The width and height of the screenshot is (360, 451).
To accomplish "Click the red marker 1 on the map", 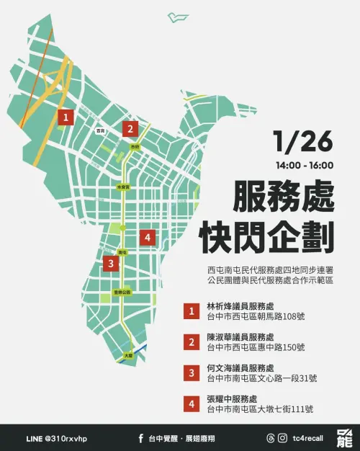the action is (66, 117).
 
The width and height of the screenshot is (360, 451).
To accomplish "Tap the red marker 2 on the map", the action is (130, 129).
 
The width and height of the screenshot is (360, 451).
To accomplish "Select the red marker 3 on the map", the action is (109, 264).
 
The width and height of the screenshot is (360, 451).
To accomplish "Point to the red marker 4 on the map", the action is (148, 237).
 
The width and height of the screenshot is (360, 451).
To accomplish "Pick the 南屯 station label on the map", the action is (122, 253).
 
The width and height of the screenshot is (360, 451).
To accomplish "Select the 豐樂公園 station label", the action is (122, 293).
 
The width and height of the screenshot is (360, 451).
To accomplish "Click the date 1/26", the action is (303, 142).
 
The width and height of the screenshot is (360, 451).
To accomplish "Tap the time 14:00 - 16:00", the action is (305, 165).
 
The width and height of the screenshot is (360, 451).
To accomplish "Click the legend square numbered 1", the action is (192, 311).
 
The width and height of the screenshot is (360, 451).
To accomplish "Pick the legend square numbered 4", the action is (192, 404).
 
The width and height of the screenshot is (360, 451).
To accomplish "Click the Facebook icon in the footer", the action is (140, 437).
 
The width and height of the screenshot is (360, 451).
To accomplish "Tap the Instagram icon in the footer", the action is (271, 437).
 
